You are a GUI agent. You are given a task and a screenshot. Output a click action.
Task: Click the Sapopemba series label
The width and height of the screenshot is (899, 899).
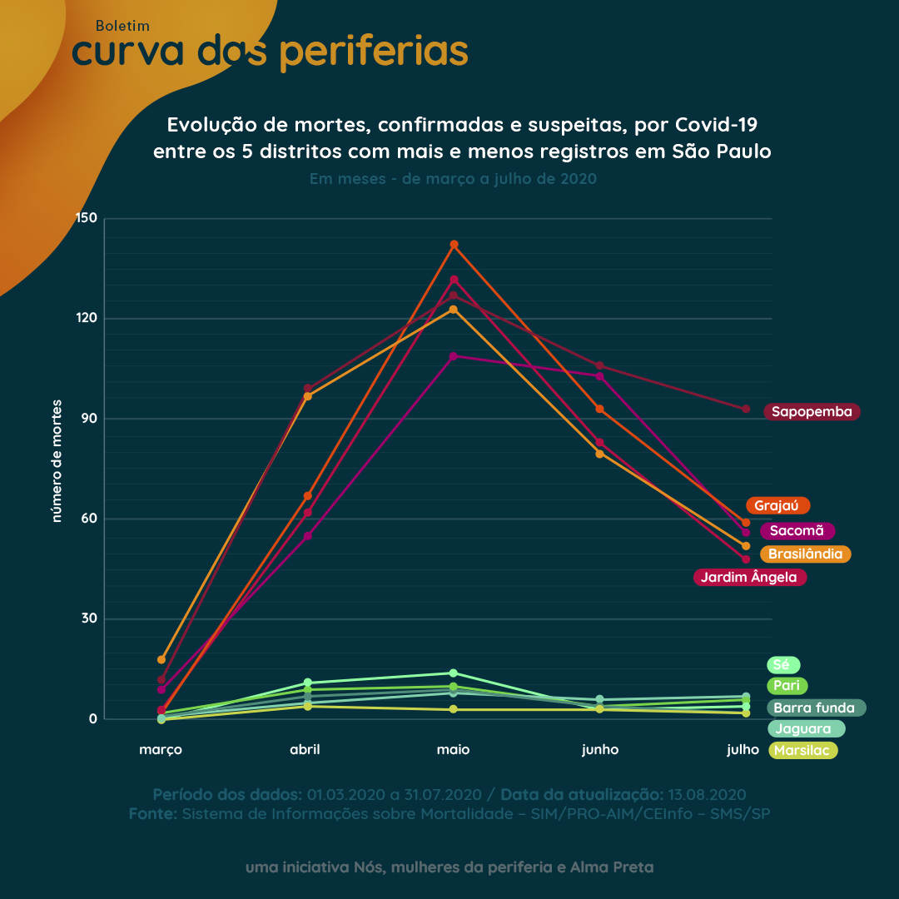[x=812, y=411]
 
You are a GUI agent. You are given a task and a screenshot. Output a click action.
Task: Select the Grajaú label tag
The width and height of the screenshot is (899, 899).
[x=777, y=505]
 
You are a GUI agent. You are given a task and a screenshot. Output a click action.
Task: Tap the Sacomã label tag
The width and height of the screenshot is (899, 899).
[x=797, y=530]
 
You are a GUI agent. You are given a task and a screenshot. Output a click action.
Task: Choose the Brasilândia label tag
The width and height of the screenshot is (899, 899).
[x=805, y=554]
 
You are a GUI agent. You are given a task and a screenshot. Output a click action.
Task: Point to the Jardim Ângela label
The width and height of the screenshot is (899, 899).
[x=749, y=577]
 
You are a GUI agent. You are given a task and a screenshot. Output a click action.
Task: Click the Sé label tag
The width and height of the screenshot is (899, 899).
[x=782, y=664]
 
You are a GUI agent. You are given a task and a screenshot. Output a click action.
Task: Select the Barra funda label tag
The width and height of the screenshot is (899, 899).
[x=815, y=708]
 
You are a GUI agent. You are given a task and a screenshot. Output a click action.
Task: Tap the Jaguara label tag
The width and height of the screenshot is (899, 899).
[x=804, y=728]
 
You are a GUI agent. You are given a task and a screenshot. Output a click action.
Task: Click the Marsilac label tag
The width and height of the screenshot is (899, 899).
[x=802, y=750]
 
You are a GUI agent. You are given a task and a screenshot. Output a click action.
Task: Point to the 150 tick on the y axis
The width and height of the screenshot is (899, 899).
[x=87, y=218]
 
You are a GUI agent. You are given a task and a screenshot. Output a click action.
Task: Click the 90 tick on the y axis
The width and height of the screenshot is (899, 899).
[x=90, y=419]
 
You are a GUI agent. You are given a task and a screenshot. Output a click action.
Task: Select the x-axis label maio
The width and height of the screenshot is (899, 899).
[x=453, y=749]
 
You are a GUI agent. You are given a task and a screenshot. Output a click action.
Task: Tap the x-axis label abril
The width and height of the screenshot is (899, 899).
[x=305, y=749]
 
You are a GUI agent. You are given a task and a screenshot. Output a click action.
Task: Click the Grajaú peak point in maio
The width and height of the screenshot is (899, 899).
[x=454, y=245]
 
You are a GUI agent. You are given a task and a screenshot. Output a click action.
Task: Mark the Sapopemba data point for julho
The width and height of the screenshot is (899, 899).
[x=746, y=409]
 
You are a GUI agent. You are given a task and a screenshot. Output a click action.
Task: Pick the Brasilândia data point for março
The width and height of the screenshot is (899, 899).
[x=161, y=659]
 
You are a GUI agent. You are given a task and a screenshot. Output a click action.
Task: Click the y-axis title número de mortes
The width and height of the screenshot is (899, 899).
[x=57, y=460]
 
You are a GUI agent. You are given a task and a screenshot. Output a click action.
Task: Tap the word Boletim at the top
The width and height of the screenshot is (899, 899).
[x=122, y=26]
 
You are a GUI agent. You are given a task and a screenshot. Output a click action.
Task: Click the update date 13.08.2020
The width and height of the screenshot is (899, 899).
[x=707, y=794]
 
